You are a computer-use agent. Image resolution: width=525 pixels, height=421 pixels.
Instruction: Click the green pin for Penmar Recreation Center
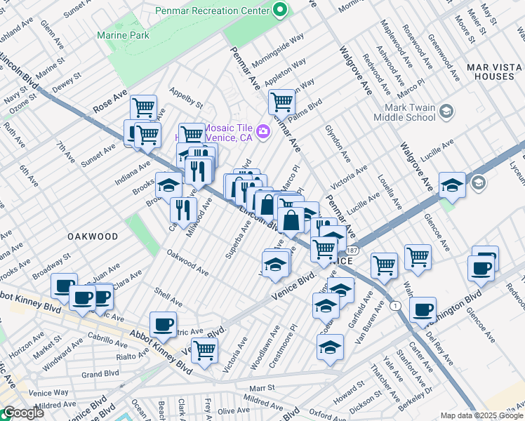(x=280, y=11)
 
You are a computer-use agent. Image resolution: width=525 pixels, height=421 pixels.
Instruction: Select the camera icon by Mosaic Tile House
(x=263, y=131)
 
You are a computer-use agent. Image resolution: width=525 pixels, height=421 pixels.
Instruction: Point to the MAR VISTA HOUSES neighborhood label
(x=493, y=73)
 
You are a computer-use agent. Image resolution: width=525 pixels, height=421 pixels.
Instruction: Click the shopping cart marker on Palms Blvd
(x=281, y=101)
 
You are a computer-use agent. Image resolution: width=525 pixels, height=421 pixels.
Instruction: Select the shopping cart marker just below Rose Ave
(x=143, y=107)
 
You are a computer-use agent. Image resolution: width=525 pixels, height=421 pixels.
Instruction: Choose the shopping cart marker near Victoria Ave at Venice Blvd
(x=204, y=349)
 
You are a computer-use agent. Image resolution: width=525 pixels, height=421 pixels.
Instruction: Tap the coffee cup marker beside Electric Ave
(x=163, y=323)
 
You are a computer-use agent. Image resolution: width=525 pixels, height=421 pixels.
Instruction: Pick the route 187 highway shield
(x=352, y=250)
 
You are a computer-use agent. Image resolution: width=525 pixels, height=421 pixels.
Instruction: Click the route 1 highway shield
(x=397, y=305)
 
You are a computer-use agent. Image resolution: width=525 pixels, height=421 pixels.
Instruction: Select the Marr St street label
(x=260, y=387)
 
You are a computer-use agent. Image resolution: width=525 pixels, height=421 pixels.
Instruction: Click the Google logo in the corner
(x=22, y=413)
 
